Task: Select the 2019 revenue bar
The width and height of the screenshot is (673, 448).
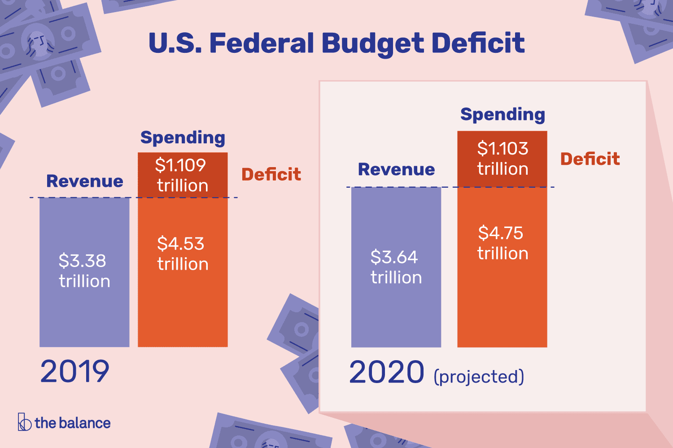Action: (x=84, y=314)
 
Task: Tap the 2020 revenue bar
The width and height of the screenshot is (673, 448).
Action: (x=396, y=314)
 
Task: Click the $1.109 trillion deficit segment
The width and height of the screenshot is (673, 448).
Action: (x=183, y=175)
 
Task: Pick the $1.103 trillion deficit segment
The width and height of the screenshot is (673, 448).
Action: (x=502, y=159)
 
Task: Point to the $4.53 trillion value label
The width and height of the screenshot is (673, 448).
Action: (x=183, y=254)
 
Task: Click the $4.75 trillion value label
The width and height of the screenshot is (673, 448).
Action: (x=502, y=243)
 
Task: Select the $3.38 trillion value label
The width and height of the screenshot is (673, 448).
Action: (x=84, y=271)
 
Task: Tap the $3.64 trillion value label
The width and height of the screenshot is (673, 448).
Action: (x=396, y=267)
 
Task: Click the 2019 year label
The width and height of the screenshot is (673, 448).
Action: (x=75, y=372)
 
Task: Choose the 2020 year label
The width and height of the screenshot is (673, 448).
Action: (x=386, y=373)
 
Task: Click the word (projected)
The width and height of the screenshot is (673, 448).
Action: (x=479, y=377)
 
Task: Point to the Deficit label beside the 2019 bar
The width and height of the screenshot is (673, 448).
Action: (x=271, y=174)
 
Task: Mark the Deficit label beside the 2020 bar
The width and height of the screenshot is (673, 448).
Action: (x=590, y=159)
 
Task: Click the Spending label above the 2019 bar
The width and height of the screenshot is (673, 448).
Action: (x=183, y=138)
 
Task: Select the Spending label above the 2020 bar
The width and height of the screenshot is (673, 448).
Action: (x=503, y=115)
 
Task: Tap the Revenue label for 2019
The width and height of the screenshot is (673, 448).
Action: (x=84, y=181)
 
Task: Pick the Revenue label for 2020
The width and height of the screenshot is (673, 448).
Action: (x=396, y=169)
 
